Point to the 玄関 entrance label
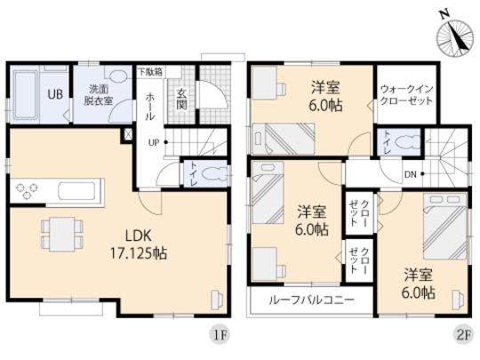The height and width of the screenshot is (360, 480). pos(180,98)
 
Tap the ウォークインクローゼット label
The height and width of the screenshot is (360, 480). pos(406,95)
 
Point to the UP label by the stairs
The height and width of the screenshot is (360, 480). pos(154,142)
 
